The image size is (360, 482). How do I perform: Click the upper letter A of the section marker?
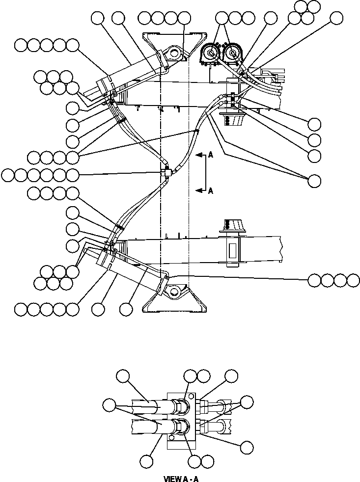210,155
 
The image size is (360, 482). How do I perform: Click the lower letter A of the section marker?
210,191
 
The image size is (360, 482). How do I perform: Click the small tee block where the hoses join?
166,172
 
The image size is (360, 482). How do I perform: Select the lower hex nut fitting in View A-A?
182,427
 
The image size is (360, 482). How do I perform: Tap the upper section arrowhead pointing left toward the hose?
198,155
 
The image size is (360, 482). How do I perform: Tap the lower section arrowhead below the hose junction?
198,190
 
